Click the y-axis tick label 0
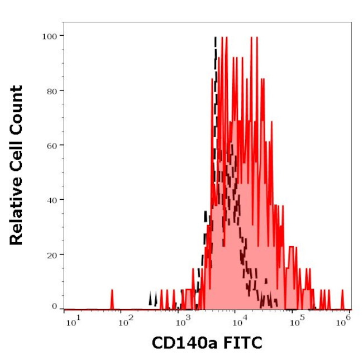coord(54,306)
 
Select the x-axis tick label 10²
coord(127,320)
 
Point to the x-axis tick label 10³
coord(181,320)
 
